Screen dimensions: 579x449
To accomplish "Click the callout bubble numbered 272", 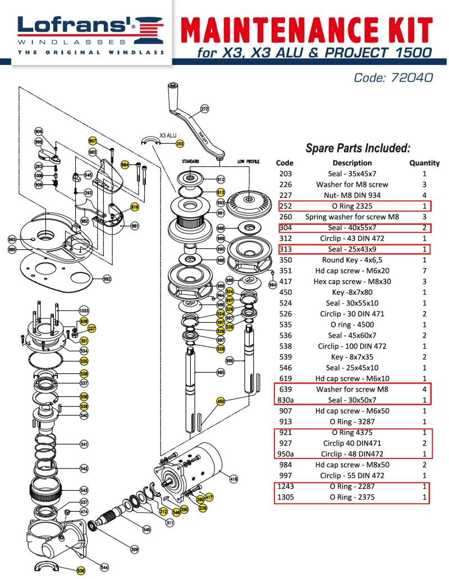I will coord(204,108).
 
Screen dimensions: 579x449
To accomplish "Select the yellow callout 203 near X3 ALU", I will coord(180,143).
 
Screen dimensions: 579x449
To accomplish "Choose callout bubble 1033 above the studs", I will coord(84,310).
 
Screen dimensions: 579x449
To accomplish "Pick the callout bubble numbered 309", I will coord(134,549).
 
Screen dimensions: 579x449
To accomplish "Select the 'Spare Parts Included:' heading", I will coord(359,149).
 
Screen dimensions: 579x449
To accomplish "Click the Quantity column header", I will coord(424,163).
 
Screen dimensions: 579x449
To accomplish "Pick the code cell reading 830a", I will coord(287,400).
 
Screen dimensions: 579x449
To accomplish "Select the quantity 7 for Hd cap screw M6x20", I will coord(424,271).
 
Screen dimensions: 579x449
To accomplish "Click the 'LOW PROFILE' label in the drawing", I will coord(248,161).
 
